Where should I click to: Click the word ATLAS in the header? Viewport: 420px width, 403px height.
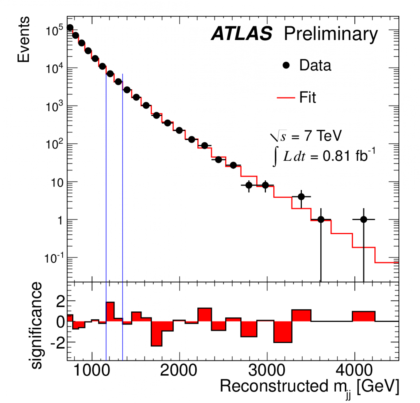(242, 34)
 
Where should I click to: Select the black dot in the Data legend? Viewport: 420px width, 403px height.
(286, 65)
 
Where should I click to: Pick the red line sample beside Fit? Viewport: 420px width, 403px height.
(286, 98)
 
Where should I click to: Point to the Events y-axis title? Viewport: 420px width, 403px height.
(24, 39)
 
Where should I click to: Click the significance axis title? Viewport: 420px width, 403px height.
(36, 325)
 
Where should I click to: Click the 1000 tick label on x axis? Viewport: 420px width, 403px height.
(92, 370)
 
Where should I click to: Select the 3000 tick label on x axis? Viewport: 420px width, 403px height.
(267, 370)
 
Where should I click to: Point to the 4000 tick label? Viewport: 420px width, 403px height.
(354, 370)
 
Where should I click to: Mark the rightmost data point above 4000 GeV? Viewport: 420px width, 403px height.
(363, 220)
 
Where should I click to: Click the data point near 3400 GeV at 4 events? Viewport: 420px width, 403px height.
(301, 197)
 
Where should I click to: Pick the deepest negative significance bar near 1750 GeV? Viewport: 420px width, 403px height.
(157, 333)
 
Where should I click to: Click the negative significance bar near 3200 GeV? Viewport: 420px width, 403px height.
(283, 332)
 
